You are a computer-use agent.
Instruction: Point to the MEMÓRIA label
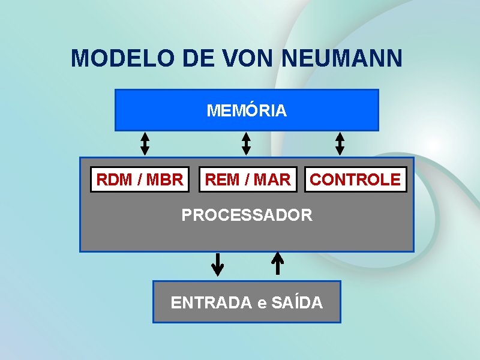pyautogui.click(x=247, y=111)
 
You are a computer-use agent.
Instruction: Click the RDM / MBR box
pyautogui.click(x=140, y=179)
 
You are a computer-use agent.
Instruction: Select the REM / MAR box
pyautogui.click(x=248, y=179)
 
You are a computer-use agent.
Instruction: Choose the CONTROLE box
pyautogui.click(x=355, y=179)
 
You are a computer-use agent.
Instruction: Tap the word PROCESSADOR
pyautogui.click(x=247, y=215)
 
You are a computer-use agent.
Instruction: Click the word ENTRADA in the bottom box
pyautogui.click(x=211, y=303)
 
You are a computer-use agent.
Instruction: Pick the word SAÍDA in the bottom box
pyautogui.click(x=297, y=303)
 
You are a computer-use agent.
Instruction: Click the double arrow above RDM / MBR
pyautogui.click(x=145, y=144)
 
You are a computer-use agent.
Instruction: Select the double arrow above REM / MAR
pyautogui.click(x=246, y=144)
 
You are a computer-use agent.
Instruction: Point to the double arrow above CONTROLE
pyautogui.click(x=340, y=144)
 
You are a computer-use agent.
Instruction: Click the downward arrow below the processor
pyautogui.click(x=218, y=264)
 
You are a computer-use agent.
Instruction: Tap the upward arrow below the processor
pyautogui.click(x=277, y=263)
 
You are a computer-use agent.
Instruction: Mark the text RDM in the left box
pyautogui.click(x=112, y=179)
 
